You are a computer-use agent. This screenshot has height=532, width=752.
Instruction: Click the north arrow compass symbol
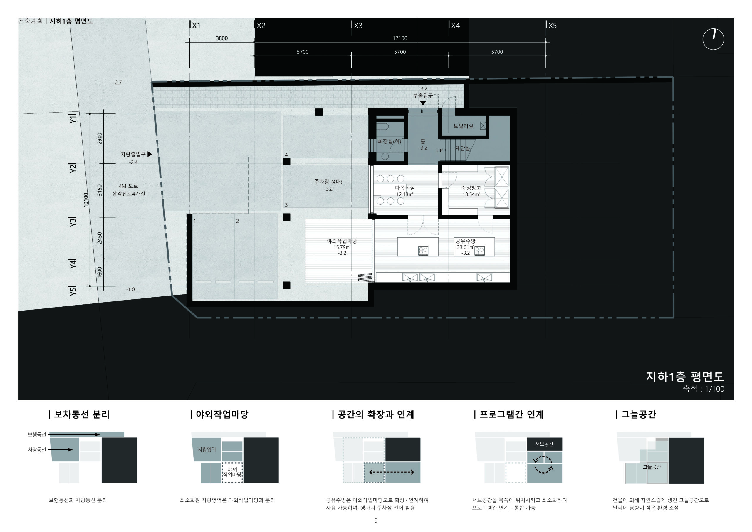coord(713,39)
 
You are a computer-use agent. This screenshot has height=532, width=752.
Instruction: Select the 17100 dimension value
coord(399,38)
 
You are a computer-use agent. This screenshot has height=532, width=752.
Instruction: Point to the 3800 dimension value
coord(221,38)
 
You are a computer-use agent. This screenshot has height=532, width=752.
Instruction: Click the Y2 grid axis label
coord(73,168)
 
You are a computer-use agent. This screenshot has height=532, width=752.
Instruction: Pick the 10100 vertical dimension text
coord(86,199)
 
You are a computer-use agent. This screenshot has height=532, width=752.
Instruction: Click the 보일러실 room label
coord(463,126)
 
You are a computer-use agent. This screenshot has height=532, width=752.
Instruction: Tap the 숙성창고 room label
coord(471,188)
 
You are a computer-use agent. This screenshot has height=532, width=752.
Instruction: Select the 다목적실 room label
coord(405,188)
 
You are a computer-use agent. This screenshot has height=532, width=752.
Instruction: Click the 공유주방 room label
coord(465,241)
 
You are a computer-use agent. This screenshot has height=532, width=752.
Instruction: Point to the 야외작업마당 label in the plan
coord(342,241)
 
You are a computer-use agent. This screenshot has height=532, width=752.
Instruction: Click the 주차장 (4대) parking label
coord(328,182)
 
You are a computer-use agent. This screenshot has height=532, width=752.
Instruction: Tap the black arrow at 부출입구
coord(423,103)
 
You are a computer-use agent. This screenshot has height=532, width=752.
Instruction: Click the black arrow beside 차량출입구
coord(150,154)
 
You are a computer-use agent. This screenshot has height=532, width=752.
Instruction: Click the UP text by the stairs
coord(439,151)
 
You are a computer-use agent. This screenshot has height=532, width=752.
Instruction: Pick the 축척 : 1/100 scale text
coord(703,389)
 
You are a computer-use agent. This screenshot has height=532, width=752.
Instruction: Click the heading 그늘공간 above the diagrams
coord(638,414)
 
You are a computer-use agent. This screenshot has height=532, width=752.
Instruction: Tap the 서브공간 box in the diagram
coord(544,444)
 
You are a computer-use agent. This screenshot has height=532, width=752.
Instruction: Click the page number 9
coord(376,521)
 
